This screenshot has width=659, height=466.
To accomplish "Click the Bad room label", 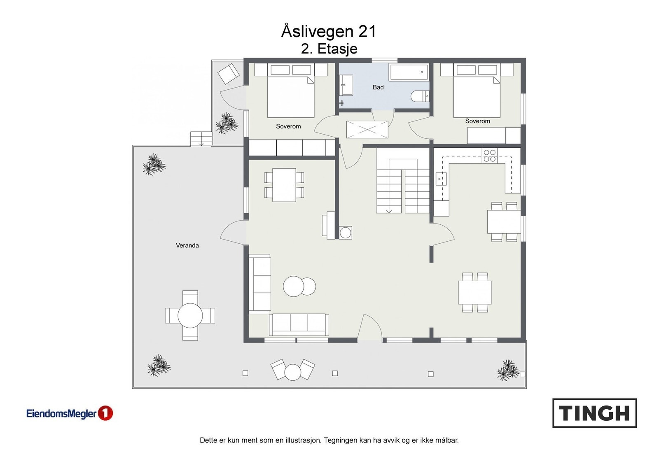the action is click(378, 87).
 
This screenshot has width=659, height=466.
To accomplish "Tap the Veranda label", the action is click(187, 245).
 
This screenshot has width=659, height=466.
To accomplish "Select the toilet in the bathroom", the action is click(420, 96).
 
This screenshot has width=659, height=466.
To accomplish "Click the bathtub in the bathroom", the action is click(409, 72).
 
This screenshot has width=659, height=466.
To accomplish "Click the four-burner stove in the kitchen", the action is click(490, 156).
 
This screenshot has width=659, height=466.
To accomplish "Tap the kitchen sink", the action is click(441, 179).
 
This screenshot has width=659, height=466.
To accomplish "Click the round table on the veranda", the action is click(190, 315).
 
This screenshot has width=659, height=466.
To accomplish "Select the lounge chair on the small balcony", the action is click(228, 74).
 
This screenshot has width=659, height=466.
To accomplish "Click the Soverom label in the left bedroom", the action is click(288, 126).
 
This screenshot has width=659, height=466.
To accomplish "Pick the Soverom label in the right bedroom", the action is click(477, 121).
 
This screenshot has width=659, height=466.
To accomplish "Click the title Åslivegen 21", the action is click(329, 31).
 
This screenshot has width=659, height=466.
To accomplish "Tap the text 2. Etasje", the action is click(329, 49).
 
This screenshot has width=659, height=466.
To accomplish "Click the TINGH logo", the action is click(595, 413).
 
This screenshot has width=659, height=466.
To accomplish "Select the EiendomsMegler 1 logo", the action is click(70, 413).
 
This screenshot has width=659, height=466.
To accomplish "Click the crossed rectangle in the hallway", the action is click(367, 129).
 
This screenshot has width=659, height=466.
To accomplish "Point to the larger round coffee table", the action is click(293, 287).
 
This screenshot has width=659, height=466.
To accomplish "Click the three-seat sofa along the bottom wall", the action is click(299, 324).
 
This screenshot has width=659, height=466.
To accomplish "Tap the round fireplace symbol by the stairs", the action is click(346, 233).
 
